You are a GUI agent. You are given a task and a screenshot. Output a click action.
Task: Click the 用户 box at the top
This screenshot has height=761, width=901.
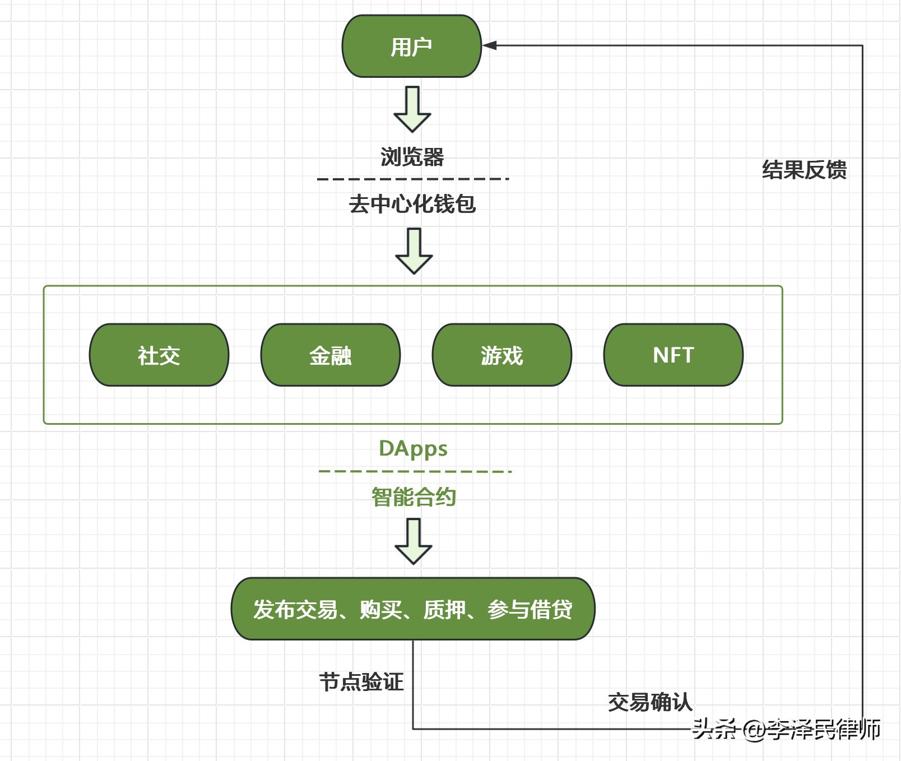412,47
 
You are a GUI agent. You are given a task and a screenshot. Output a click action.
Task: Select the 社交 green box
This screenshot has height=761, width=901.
159,355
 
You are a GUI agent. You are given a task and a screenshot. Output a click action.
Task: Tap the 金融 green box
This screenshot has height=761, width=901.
331,355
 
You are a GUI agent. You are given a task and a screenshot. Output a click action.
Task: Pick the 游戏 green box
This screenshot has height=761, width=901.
502,355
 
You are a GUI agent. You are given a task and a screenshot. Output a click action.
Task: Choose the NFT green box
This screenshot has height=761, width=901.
674,355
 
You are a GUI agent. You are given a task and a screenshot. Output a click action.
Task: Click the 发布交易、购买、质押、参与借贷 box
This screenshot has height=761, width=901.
413,609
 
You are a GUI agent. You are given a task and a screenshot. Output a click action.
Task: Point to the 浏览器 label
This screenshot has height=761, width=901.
412,157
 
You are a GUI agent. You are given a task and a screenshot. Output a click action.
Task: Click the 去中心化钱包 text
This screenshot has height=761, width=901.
412,204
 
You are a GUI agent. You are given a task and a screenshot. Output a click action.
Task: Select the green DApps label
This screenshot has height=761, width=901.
413,449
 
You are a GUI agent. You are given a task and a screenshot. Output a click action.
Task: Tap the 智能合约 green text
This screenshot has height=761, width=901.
414,497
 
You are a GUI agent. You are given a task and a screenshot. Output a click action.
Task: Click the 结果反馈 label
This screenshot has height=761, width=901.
804,170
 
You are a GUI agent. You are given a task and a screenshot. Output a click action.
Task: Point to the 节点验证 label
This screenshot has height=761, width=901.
361,682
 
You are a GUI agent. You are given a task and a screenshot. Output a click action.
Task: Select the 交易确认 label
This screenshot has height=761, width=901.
650,702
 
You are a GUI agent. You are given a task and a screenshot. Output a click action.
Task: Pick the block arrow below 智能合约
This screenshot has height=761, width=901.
414,542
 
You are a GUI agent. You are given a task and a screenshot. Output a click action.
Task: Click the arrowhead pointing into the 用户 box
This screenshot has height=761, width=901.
489,45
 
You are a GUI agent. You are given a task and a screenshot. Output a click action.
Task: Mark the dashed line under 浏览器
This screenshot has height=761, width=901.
412,179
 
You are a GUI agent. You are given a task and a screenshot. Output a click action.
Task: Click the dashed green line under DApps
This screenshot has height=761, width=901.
415,471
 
